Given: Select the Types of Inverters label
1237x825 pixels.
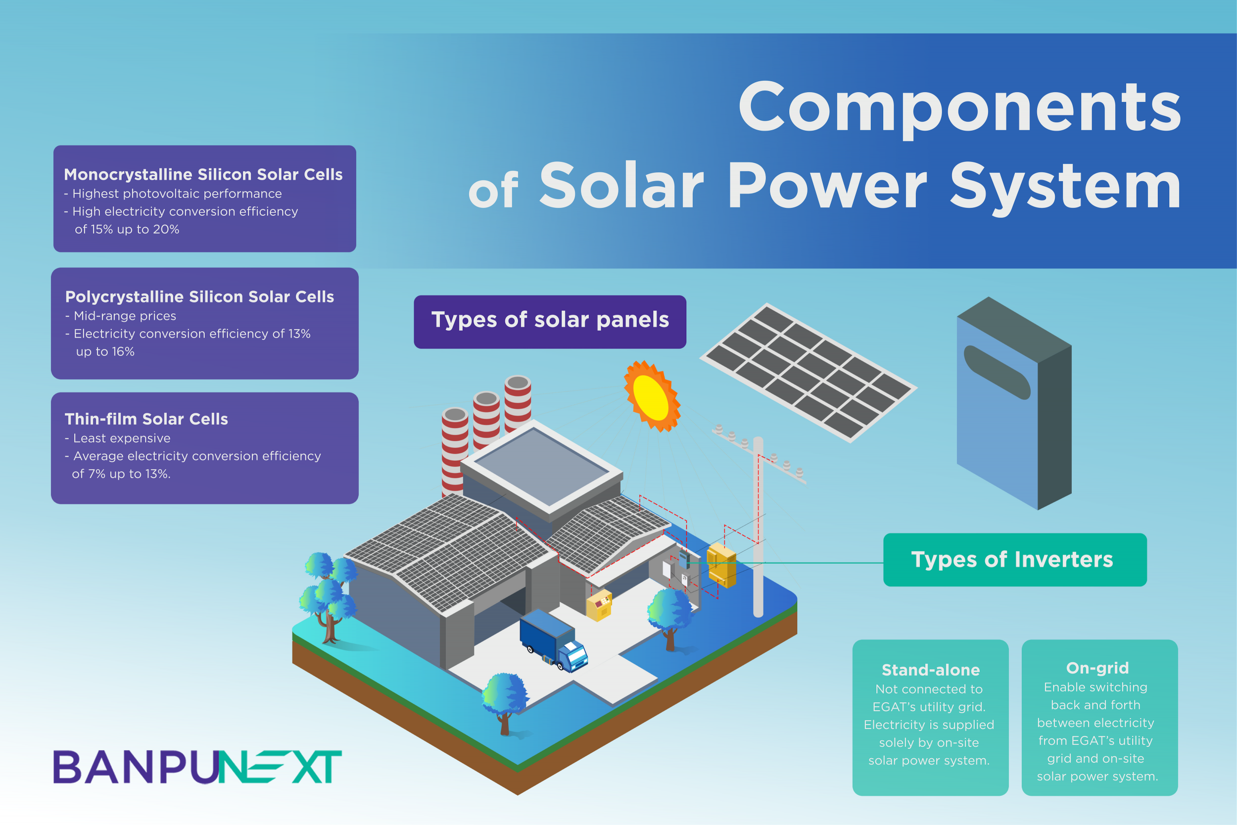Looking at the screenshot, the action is pos(1015,559).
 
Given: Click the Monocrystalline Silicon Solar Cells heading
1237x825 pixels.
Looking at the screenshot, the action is pos(203,174).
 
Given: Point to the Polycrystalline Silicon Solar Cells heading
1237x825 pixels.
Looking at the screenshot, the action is pos(199,297).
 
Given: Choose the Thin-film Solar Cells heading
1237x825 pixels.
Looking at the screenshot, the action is pos(146,419).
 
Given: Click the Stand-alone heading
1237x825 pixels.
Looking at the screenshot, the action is pos(930,670).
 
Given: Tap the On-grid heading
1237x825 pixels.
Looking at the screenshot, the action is pos(1097,668).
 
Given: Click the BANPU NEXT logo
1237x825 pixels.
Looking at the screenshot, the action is pos(197,767).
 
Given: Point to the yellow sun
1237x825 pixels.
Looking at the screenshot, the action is pos(652,396).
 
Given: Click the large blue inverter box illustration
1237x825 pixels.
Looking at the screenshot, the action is pos(1014,403).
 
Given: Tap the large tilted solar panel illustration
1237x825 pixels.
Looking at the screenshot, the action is pos(809,373).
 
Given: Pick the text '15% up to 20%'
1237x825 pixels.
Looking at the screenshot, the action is pos(135,230).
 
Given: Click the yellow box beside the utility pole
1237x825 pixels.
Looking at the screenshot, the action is pos(721,565).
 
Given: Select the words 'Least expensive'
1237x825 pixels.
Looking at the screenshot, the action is pos(122,438).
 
